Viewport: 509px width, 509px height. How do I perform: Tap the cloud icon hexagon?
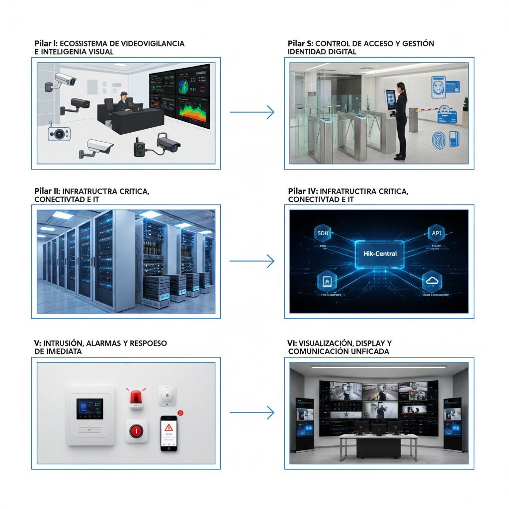pos(430,281)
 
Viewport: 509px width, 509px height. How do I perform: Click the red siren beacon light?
pos(136,398)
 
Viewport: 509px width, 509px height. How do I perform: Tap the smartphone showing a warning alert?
pos(169,433)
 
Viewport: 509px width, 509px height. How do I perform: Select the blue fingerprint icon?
pos(439,139)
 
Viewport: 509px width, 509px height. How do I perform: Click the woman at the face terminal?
pos(401,119)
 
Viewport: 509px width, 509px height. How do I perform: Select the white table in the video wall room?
pos(378,436)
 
